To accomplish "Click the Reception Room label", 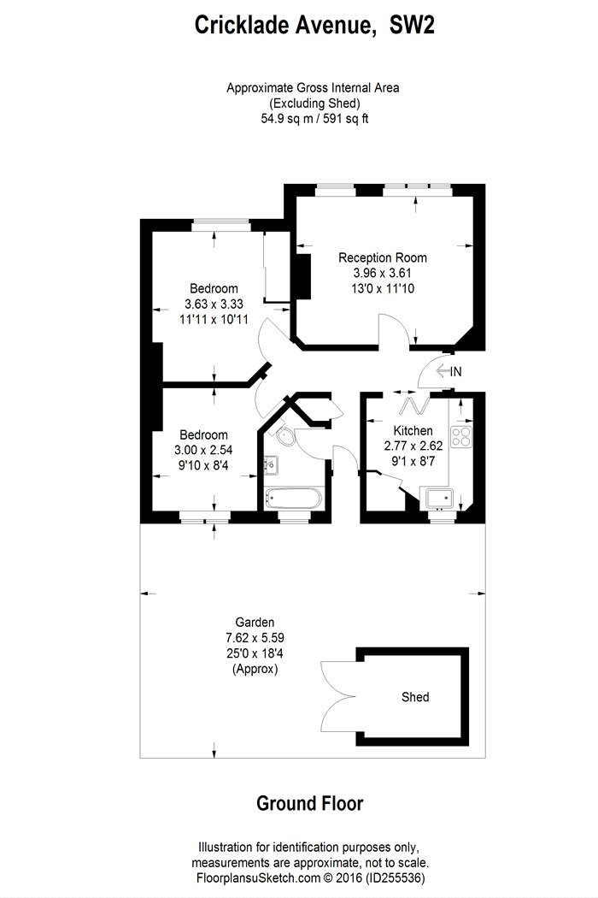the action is point(382,257).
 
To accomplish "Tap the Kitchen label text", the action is point(413,431).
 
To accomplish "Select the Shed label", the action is point(415,697).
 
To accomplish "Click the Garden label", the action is point(255,622).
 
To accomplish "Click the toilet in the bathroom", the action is point(284,434).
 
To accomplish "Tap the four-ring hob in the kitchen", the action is point(462,436).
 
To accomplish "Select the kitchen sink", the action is point(439,499).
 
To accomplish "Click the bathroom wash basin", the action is point(271,465).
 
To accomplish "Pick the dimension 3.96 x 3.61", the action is point(382,273).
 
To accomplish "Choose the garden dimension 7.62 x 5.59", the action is point(255,637).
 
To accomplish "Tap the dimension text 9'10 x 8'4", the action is point(203,465).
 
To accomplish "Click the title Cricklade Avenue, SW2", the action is point(314,25).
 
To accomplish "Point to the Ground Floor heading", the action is point(309,804).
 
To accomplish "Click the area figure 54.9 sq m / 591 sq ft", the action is point(314,119).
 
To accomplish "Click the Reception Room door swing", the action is point(395,330).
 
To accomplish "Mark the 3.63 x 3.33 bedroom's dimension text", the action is point(214,304).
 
